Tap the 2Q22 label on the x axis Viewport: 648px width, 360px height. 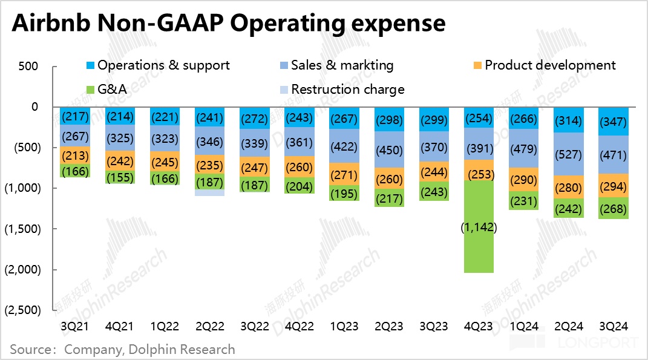point(210,326)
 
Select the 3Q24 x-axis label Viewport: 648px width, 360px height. point(614,326)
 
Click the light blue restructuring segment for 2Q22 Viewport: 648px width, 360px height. point(210,192)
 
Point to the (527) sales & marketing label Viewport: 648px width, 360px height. point(569,153)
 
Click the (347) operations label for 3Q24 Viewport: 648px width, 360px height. point(614,122)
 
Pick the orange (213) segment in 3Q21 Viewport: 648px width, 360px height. point(76,155)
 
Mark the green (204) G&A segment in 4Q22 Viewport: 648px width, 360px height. point(300,185)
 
